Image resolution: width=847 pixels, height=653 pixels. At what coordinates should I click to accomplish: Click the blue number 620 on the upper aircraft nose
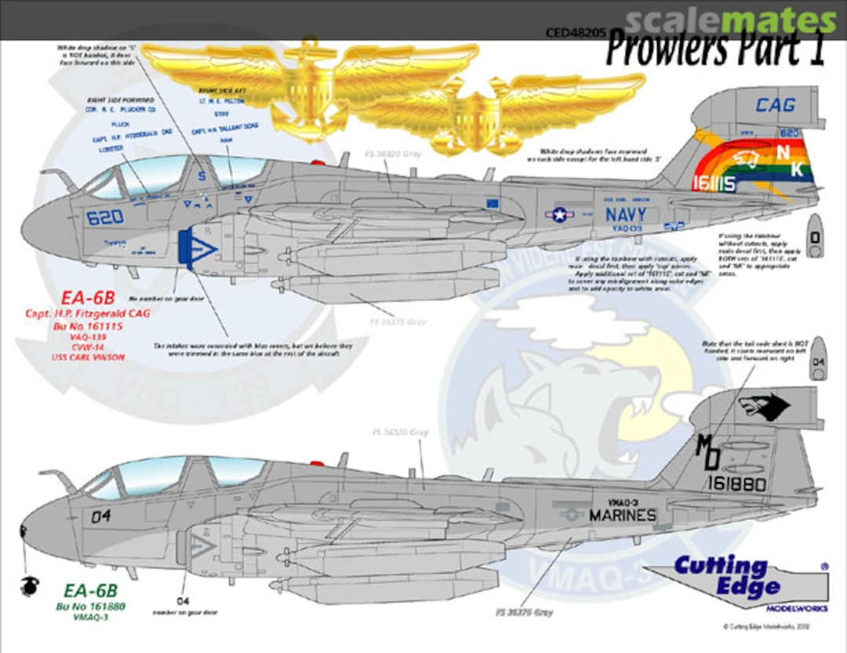[105, 219]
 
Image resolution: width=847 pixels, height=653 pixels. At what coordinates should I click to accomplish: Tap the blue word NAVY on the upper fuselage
[625, 214]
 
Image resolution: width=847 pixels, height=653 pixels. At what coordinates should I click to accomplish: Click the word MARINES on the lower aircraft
[622, 515]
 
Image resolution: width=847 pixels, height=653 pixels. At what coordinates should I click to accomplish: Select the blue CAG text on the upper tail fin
[775, 105]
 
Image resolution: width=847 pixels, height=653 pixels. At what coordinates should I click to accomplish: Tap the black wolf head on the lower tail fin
[762, 407]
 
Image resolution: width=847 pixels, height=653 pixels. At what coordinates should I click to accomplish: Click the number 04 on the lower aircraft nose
[101, 516]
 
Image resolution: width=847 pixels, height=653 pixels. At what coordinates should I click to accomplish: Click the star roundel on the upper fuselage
[560, 214]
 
